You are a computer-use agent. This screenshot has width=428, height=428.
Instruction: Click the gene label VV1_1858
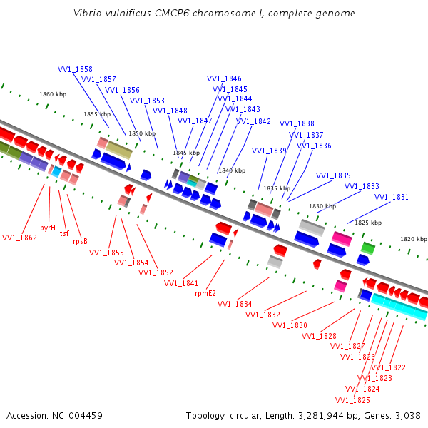(75, 69)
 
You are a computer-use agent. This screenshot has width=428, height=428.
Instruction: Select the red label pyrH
(48, 228)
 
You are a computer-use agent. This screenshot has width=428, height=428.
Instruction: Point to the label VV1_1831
(392, 197)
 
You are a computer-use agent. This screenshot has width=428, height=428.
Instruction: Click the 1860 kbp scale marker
(53, 94)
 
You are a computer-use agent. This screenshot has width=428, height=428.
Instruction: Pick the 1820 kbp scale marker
(413, 239)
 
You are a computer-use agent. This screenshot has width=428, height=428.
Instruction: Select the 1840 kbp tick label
(231, 170)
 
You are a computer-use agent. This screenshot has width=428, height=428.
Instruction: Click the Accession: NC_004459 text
(54, 415)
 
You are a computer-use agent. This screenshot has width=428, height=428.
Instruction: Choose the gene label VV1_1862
(19, 238)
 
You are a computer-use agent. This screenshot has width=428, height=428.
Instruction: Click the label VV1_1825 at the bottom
(352, 399)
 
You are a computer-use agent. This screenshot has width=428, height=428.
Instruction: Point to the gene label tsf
(64, 233)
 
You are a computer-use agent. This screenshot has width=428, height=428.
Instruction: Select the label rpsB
(80, 241)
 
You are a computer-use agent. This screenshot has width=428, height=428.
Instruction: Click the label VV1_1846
(224, 78)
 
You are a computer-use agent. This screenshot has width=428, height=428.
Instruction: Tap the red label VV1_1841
(181, 283)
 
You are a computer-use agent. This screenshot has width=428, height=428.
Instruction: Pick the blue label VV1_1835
(333, 175)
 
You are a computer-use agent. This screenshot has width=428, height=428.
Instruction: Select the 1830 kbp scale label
(322, 206)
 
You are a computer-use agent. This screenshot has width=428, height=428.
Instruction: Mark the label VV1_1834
(235, 304)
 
